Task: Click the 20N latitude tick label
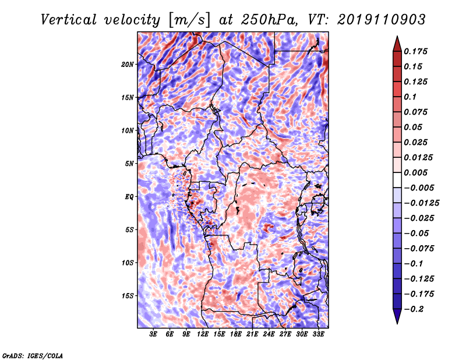coord(128,64)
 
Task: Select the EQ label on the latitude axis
coord(129,196)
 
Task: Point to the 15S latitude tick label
coord(128,295)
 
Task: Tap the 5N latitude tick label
coord(129,164)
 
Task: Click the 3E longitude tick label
coord(154,334)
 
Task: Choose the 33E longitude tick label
coord(318,334)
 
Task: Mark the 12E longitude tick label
coord(203,334)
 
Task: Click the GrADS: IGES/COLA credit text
coord(32,354)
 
